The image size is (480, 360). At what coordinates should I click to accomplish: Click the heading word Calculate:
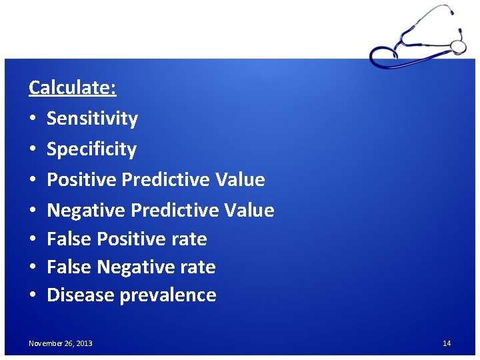coord(73,87)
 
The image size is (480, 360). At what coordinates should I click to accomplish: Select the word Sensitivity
coord(92,119)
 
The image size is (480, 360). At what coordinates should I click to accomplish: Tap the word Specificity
coord(91,149)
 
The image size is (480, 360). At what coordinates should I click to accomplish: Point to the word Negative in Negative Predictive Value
coord(86,211)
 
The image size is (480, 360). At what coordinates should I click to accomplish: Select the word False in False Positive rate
coord(69,239)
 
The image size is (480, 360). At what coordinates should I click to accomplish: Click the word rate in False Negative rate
coord(197,267)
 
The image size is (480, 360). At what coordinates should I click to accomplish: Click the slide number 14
coord(447,343)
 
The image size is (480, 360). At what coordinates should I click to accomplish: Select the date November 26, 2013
coord(61,343)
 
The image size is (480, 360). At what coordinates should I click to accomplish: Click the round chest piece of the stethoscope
coord(458,46)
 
